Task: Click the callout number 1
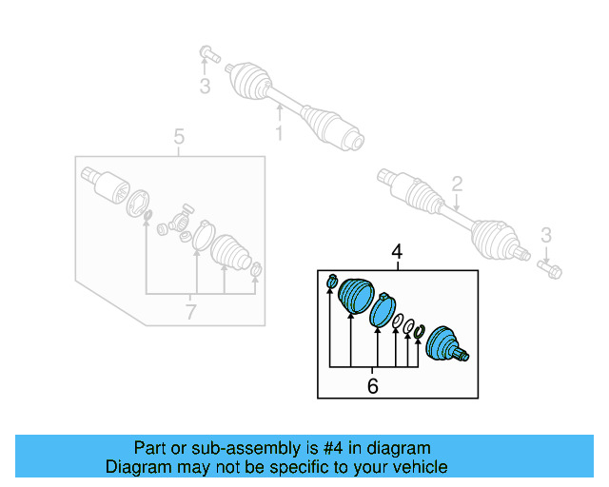[279, 134]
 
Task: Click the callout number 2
[457, 184]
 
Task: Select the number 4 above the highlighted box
[397, 252]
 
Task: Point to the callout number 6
[373, 385]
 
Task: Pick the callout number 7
[190, 311]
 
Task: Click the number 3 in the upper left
[204, 88]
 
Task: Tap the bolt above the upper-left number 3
[208, 53]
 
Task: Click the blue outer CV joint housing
[445, 344]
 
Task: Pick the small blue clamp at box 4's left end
[331, 281]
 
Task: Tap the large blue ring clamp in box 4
[381, 311]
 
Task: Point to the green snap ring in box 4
[418, 332]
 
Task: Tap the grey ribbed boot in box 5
[229, 253]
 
